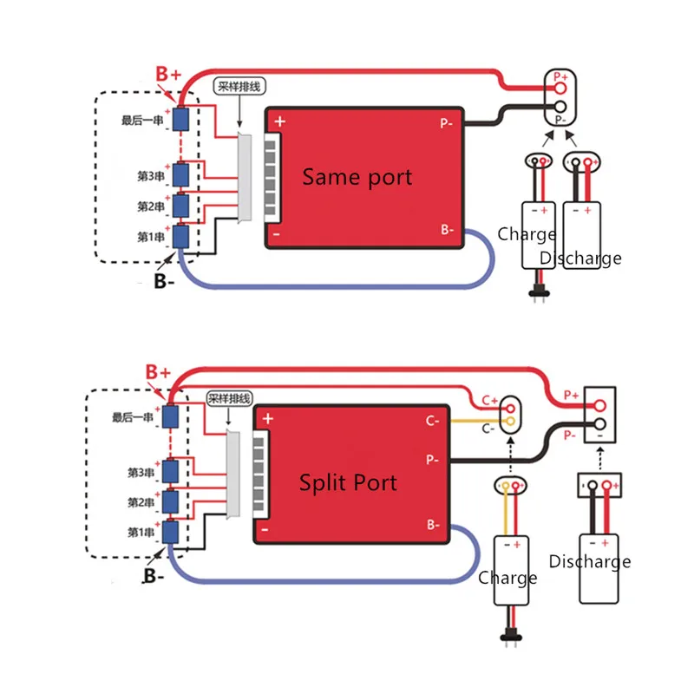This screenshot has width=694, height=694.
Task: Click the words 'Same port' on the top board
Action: [357, 177]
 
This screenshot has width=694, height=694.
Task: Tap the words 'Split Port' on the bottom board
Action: [348, 482]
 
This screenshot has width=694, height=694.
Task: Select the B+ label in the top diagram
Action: [168, 74]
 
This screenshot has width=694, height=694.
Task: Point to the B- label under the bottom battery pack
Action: [154, 576]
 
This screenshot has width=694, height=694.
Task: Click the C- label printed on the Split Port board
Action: [432, 421]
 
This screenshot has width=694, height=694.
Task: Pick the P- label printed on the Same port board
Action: [446, 123]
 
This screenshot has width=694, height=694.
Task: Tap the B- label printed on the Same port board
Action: [447, 229]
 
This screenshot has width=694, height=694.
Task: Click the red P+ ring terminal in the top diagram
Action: [560, 88]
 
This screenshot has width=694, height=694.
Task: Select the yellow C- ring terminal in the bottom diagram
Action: [510, 421]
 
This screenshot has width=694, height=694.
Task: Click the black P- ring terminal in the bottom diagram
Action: [599, 424]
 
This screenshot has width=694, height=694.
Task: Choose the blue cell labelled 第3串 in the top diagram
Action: [180, 175]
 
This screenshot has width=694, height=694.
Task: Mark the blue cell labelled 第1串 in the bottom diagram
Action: [170, 532]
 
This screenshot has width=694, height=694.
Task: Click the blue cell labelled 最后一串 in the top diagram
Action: [180, 119]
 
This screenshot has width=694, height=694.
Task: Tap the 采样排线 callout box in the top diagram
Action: [239, 86]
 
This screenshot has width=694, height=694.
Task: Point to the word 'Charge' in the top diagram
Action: [527, 234]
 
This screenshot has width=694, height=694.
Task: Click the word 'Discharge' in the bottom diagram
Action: [590, 561]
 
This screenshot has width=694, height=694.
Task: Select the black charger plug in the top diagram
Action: [539, 292]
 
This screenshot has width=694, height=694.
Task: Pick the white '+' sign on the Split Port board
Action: [268, 418]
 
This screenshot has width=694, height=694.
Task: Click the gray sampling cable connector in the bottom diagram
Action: [233, 475]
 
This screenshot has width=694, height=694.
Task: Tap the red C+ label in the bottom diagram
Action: [489, 401]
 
